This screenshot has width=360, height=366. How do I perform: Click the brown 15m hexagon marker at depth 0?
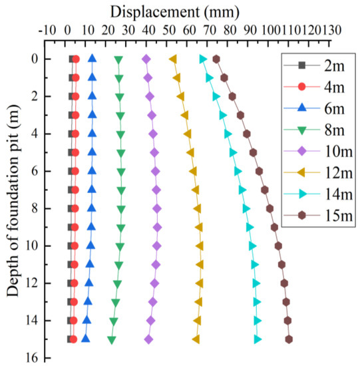coord(216,59)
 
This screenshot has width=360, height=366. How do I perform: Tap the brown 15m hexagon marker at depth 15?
coord(289,339)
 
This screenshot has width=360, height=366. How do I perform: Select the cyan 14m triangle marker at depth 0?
coord(203,59)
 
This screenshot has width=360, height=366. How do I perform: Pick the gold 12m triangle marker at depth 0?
coord(173,59)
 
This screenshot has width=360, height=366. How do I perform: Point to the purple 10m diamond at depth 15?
coord(148,339)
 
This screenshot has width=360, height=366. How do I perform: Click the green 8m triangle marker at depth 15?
coord(111,340)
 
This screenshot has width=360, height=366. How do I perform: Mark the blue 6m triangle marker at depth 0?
coord(92,59)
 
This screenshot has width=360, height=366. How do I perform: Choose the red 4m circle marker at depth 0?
coord(76,59)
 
